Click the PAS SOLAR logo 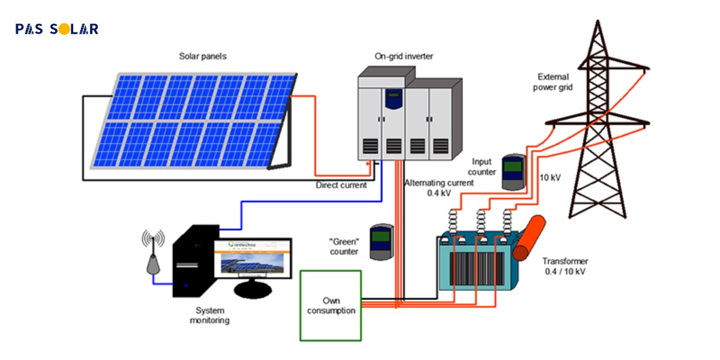coord(57,29)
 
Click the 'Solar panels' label coord(203,56)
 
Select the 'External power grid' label coord(555,82)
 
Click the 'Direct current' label coord(341,185)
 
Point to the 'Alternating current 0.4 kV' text coord(438,188)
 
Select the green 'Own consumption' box coord(331,305)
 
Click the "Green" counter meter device coord(380,242)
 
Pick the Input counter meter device coord(513,172)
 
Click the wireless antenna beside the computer coord(153,252)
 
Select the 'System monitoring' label coord(210,315)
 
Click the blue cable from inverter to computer coord(300,202)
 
